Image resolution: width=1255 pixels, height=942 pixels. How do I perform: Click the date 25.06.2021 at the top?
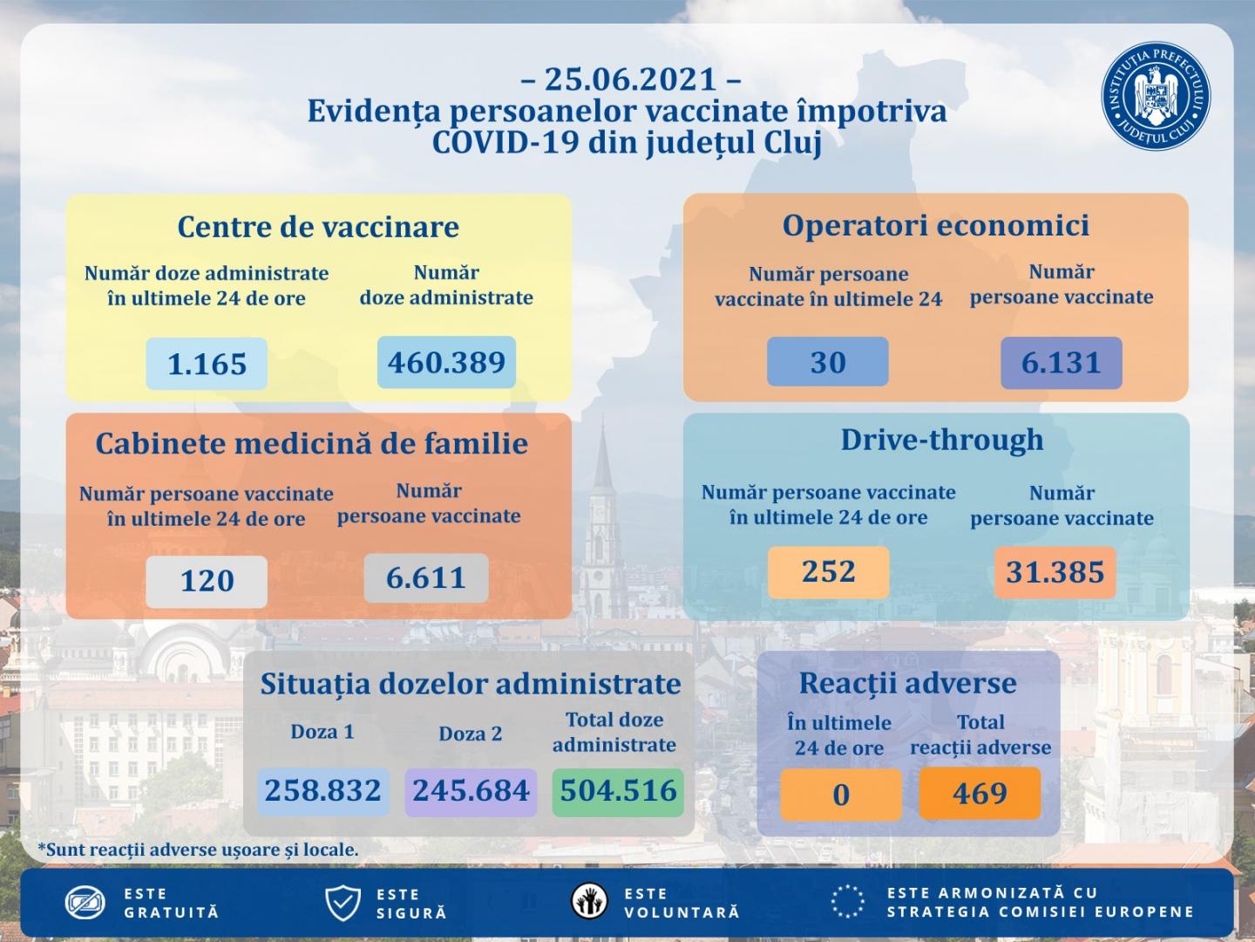pos(631,79)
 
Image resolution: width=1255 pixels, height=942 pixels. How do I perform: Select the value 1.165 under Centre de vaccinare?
pos(207,363)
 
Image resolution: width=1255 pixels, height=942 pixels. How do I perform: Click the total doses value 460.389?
pos(446,361)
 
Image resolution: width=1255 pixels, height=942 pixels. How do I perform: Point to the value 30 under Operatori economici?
pos(827,361)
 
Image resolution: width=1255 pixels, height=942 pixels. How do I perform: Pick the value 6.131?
pos(1061,362)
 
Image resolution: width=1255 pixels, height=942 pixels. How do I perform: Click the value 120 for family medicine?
pos(207,580)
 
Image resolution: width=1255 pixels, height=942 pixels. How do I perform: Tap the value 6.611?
pos(425,577)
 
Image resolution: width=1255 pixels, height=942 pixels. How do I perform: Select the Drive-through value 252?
pos(828,571)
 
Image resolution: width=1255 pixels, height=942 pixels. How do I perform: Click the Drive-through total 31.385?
pos(1055,572)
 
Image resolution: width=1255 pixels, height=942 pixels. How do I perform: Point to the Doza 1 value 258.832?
pos(323,790)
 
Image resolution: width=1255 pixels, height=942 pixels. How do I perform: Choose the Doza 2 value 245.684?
pos(471,790)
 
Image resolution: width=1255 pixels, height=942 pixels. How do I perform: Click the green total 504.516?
pos(618,790)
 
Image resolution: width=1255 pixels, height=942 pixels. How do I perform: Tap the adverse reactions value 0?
pos(840,795)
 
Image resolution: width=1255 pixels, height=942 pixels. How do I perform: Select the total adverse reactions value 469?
pos(980,793)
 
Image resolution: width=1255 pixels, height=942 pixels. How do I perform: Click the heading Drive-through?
pos(941,439)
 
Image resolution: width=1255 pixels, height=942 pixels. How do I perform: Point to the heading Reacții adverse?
pos(907,682)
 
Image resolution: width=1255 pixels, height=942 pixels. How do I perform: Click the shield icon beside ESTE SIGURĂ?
pos(342,903)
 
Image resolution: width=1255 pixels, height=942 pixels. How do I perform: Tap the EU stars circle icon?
pos(847,902)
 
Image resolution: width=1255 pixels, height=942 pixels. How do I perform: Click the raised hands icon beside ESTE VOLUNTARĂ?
pos(590,902)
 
